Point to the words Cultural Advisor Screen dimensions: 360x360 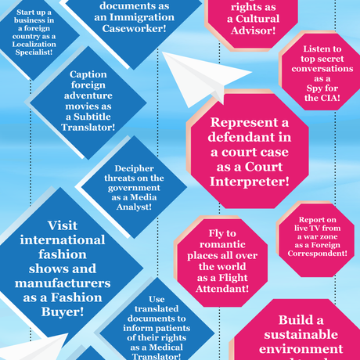(x=252, y=24)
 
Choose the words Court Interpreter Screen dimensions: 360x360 (x=239, y=175)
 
